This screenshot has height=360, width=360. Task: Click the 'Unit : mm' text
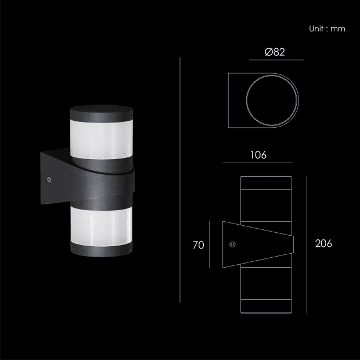327,29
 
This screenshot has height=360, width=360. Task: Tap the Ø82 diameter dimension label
275,52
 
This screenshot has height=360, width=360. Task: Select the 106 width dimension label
258,155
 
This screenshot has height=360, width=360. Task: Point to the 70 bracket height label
199,245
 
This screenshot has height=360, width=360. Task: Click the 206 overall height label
323,244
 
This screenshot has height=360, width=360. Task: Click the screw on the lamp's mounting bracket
49,180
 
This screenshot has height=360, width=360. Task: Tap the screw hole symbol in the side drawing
232,244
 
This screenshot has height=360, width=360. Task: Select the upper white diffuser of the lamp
102,139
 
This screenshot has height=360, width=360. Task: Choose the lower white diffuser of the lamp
102,226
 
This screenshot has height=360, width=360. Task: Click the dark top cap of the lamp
102,113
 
